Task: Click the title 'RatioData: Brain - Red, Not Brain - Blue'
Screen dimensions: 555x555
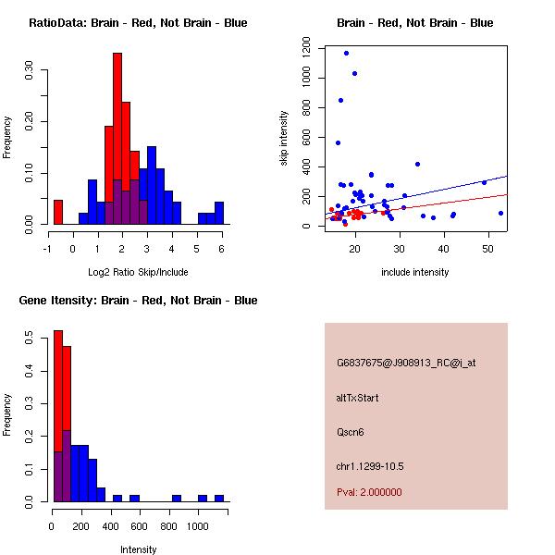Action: (x=138, y=23)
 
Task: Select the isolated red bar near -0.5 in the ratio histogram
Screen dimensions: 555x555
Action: (x=58, y=212)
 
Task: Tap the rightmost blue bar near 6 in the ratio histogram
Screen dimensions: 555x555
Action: (x=219, y=213)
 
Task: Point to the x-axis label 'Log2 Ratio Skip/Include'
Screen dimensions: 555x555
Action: (x=138, y=272)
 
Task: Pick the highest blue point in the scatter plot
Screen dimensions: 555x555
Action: (x=346, y=53)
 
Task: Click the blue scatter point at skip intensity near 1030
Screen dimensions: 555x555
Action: (x=354, y=73)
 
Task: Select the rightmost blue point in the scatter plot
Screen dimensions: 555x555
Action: (x=500, y=213)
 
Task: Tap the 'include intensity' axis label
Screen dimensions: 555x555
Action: (x=415, y=272)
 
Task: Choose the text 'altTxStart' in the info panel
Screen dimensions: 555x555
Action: (x=358, y=398)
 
